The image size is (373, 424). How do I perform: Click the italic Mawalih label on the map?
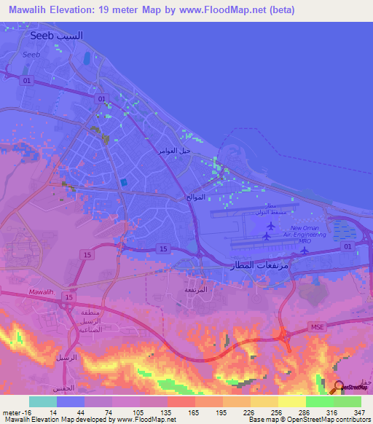(x=42, y=291)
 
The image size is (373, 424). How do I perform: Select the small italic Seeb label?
(x=31, y=54)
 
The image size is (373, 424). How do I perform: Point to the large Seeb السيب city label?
(x=57, y=35)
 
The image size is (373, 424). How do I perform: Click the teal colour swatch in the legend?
(x=43, y=401)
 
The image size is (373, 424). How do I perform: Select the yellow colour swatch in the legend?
(x=291, y=401)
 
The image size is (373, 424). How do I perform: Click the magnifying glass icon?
(x=339, y=388)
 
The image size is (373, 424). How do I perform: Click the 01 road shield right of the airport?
(x=348, y=247)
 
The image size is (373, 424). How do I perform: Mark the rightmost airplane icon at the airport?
(x=305, y=251)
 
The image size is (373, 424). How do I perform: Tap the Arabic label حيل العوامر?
(x=175, y=150)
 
